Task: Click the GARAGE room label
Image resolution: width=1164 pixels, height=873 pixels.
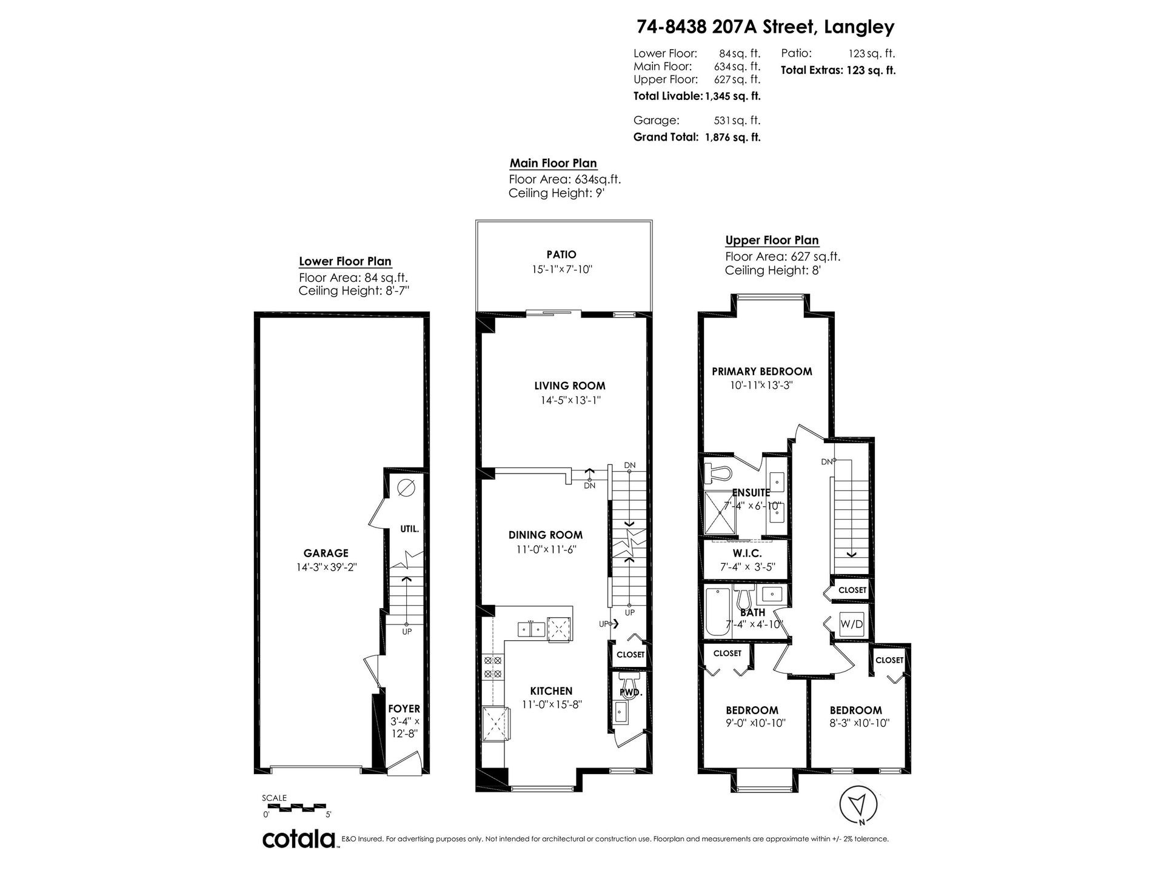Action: tap(326, 553)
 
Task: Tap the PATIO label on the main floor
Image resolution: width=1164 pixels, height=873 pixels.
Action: tap(561, 255)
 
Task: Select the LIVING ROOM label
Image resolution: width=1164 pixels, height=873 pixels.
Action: tap(570, 386)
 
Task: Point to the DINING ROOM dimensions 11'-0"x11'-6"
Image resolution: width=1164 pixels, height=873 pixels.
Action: tap(546, 550)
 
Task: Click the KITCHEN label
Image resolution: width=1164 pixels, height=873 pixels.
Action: tap(551, 691)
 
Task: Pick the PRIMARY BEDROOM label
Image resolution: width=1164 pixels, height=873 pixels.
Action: tap(762, 372)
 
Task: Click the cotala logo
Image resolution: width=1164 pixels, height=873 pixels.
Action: tap(299, 840)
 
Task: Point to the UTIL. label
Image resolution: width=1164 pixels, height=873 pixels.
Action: tap(409, 529)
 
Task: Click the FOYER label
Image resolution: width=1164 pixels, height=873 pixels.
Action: tap(404, 709)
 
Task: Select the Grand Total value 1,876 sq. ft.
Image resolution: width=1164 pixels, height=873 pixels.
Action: tap(732, 137)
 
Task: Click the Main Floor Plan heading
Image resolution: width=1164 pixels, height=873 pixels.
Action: tap(553, 163)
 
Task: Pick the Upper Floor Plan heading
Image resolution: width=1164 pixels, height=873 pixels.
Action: tap(772, 240)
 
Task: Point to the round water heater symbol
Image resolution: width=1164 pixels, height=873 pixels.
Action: tap(407, 487)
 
